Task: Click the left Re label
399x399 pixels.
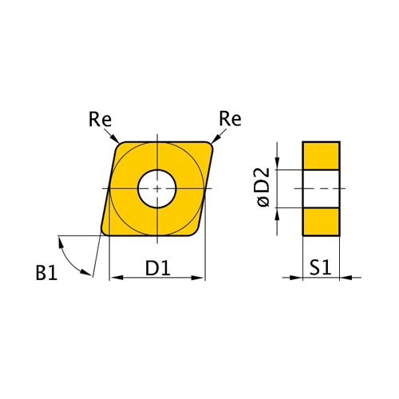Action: pyautogui.click(x=101, y=120)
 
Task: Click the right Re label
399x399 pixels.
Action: pyautogui.click(x=230, y=120)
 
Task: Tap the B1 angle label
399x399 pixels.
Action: pyautogui.click(x=46, y=274)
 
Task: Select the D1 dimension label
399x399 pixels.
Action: pyautogui.click(x=158, y=269)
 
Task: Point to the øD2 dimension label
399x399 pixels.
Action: pyautogui.click(x=265, y=188)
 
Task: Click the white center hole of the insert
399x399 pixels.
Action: pyautogui.click(x=157, y=188)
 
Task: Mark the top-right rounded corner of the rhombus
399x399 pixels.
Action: pyautogui.click(x=212, y=146)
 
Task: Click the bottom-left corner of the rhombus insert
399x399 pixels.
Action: pyautogui.click(x=105, y=231)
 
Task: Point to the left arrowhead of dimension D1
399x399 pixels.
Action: pyautogui.click(x=114, y=279)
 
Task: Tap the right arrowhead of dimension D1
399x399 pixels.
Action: pyautogui.click(x=200, y=279)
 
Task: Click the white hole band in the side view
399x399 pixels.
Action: pyautogui.click(x=321, y=188)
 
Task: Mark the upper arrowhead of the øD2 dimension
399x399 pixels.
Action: pyautogui.click(x=277, y=164)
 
